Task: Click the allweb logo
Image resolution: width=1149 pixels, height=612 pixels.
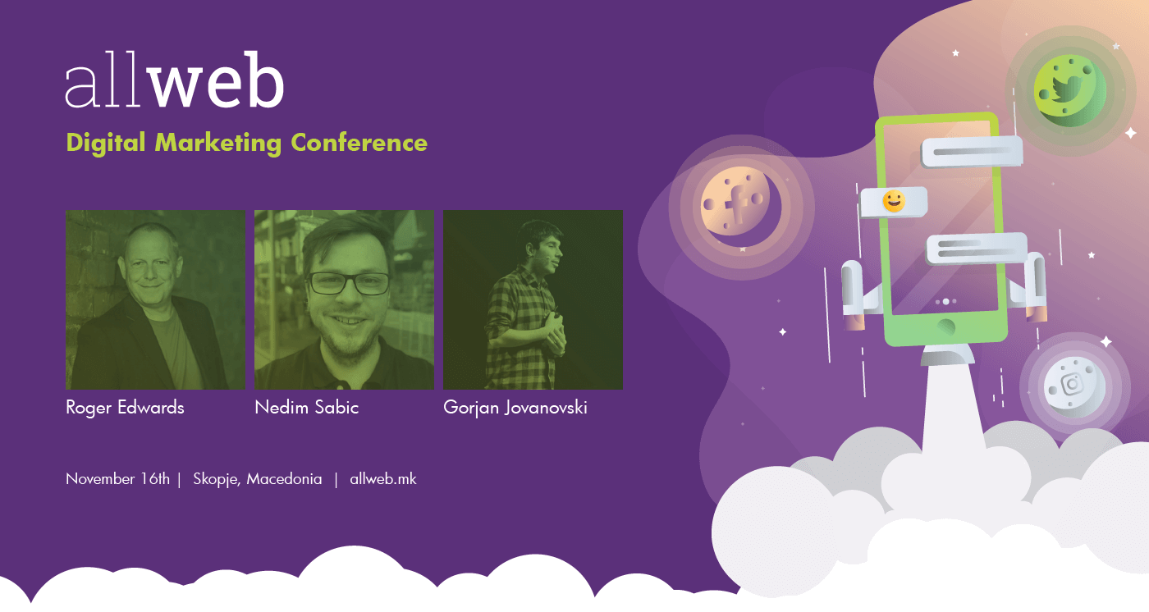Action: tap(174, 80)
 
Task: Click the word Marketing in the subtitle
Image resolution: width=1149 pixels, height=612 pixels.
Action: tap(218, 143)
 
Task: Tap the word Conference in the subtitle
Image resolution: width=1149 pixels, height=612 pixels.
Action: tap(359, 143)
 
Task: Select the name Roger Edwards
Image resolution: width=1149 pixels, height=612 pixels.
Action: tap(125, 408)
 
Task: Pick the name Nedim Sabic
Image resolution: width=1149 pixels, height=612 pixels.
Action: tap(307, 408)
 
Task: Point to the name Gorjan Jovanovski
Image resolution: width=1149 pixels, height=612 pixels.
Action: tap(515, 408)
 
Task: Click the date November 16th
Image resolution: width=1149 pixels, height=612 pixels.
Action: tap(117, 479)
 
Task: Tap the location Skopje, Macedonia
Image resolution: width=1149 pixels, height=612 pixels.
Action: tap(258, 479)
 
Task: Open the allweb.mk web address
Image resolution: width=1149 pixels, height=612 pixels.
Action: tap(383, 479)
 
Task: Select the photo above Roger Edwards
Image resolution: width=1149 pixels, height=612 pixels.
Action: tap(155, 300)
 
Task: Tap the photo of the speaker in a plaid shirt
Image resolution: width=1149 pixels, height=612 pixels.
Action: tap(533, 300)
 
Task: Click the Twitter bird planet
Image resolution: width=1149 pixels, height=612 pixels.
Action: tap(1069, 91)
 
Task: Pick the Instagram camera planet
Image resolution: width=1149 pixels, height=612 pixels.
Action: tap(1074, 386)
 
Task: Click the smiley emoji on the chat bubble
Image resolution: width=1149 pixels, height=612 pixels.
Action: tap(893, 201)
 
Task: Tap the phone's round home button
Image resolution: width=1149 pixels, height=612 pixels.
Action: tap(945, 327)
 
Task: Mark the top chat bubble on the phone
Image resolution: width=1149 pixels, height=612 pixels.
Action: tap(972, 152)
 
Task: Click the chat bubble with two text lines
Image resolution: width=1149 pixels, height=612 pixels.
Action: tap(977, 249)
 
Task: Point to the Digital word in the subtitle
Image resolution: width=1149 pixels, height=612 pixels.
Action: tap(106, 143)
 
